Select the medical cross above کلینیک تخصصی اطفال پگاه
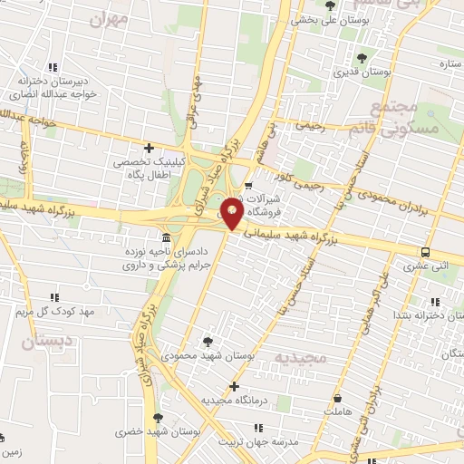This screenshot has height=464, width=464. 149,147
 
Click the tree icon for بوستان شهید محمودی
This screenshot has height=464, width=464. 209,341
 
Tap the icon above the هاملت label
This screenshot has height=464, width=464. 338,398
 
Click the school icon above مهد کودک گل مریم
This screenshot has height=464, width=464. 54,297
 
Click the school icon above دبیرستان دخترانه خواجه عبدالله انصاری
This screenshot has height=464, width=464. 53,65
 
